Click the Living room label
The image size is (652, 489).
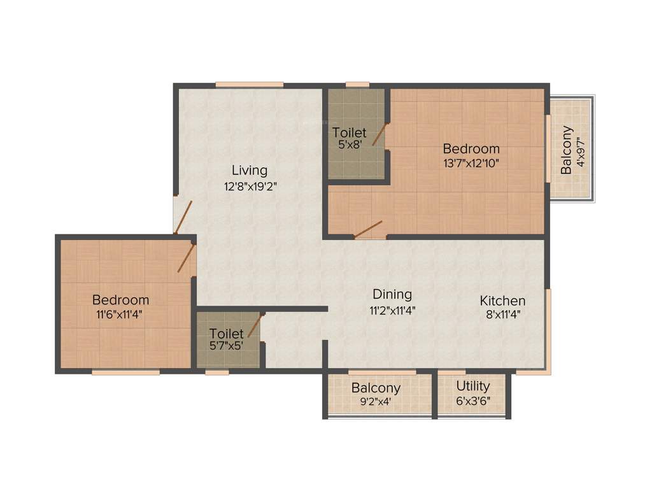(x=249, y=171)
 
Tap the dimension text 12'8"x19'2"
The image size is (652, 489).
(x=249, y=187)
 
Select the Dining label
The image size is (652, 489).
(x=392, y=295)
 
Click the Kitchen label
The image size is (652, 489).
(x=502, y=301)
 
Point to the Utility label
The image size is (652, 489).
(x=472, y=386)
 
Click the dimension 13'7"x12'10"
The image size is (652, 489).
(x=471, y=163)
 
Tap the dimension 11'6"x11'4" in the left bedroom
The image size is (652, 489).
(x=120, y=313)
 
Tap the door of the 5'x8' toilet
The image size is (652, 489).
(x=380, y=134)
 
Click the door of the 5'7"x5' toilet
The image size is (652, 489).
(x=254, y=325)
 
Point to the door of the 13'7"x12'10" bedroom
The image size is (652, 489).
(x=368, y=229)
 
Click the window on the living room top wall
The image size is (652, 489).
(x=249, y=84)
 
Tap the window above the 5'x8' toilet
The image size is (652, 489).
(x=357, y=84)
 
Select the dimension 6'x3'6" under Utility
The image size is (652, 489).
(x=472, y=401)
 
